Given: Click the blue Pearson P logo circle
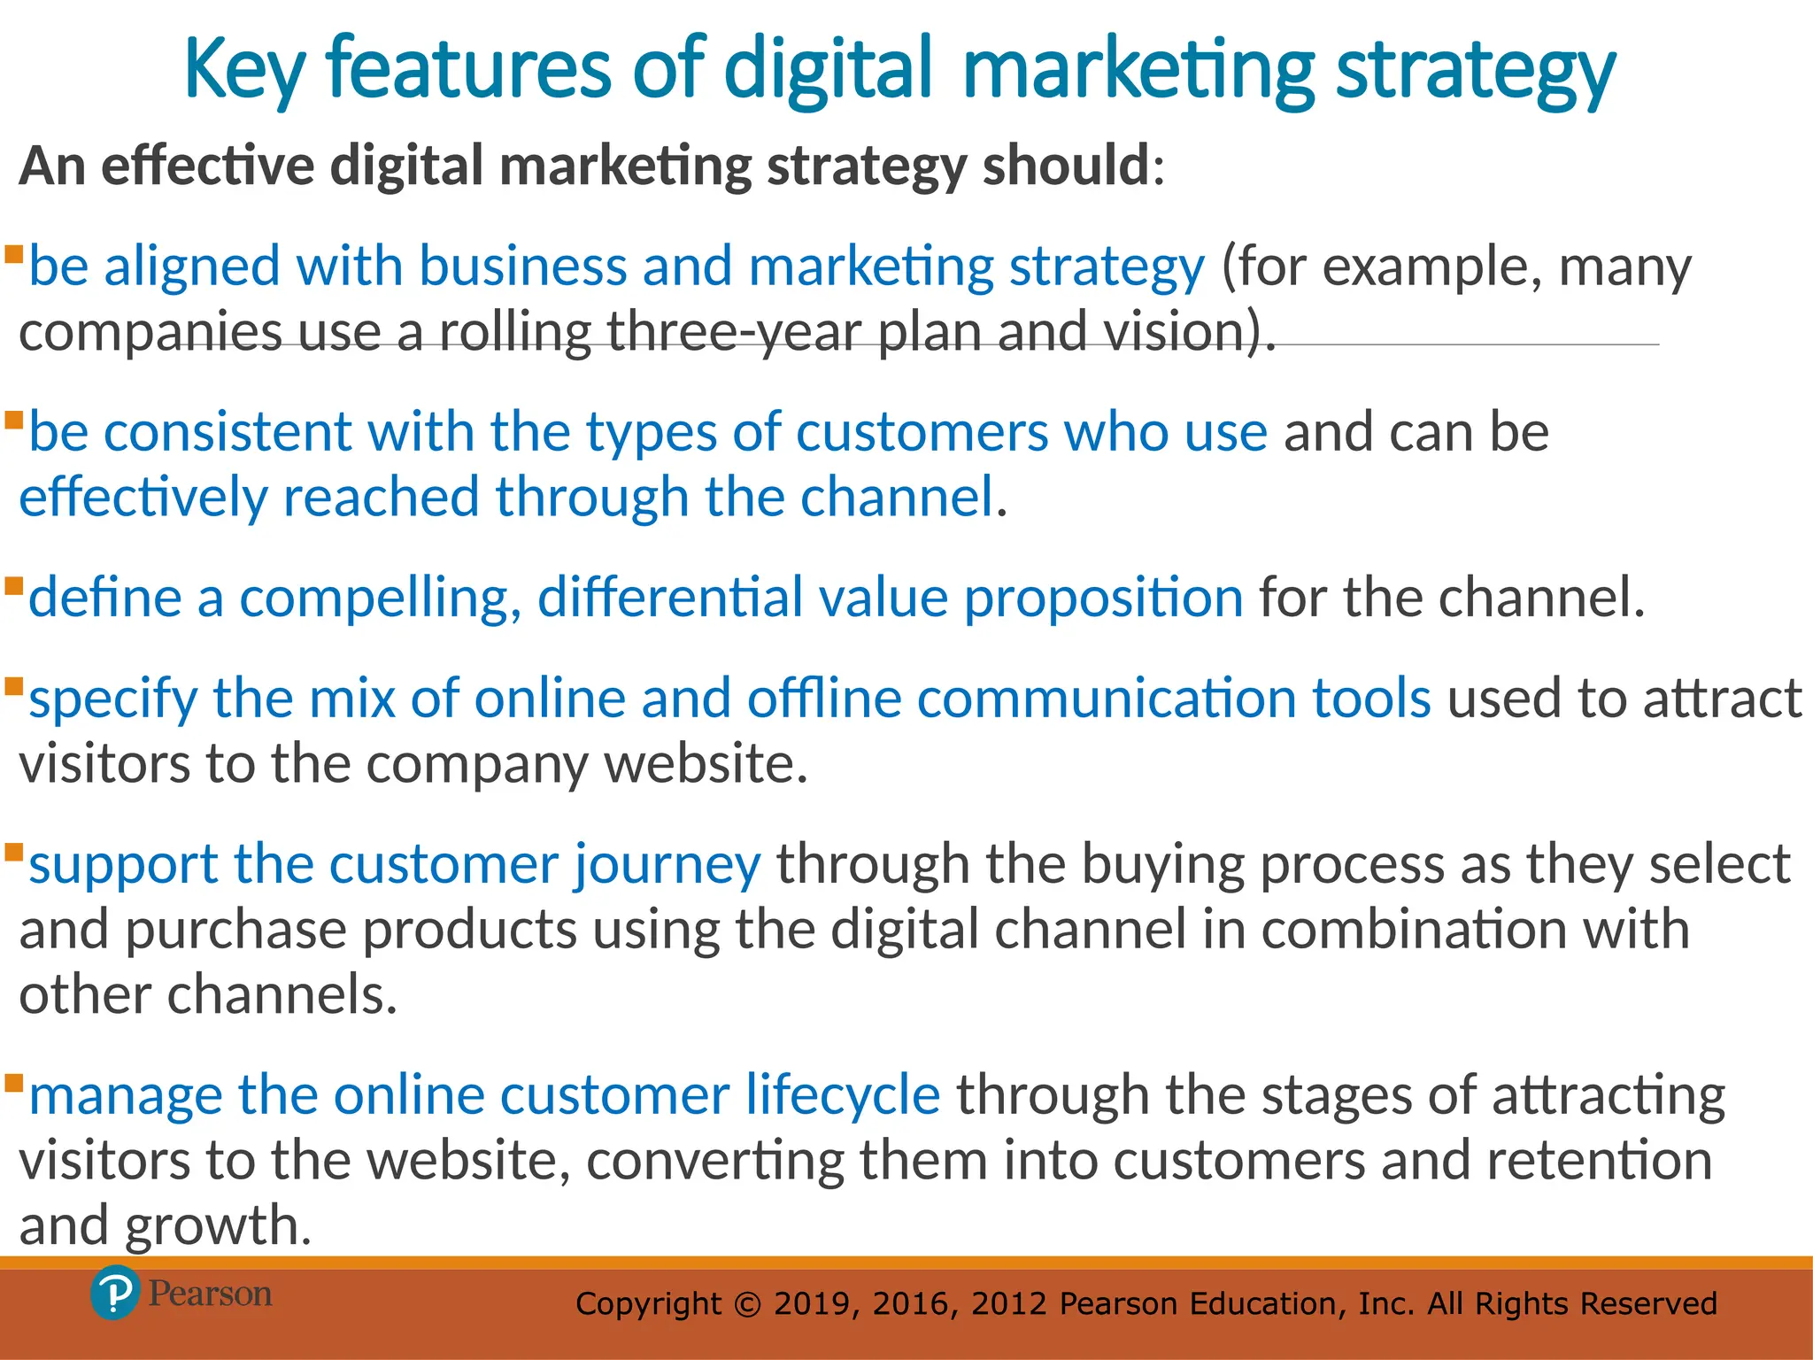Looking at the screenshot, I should pos(115,1294).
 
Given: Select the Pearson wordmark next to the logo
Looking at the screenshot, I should pos(210,1294).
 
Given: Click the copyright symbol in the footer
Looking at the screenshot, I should pos(748,1304).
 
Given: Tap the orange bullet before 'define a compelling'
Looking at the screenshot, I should pos(13,586).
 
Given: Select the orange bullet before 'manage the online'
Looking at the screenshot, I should pos(13,1083).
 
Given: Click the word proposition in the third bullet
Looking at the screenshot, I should pos(1103,598).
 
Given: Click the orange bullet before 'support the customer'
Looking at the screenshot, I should pos(13,854).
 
